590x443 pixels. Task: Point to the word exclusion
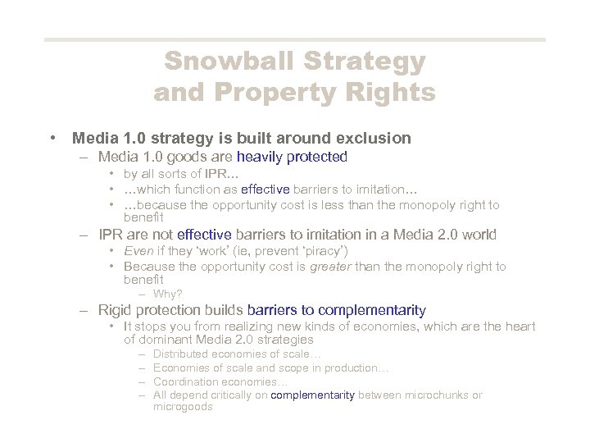[370, 138]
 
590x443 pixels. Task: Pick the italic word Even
[138, 250]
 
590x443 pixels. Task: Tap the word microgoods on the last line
[183, 407]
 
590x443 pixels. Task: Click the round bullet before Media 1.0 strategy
[53, 138]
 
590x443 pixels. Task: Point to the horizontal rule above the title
[294, 39]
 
